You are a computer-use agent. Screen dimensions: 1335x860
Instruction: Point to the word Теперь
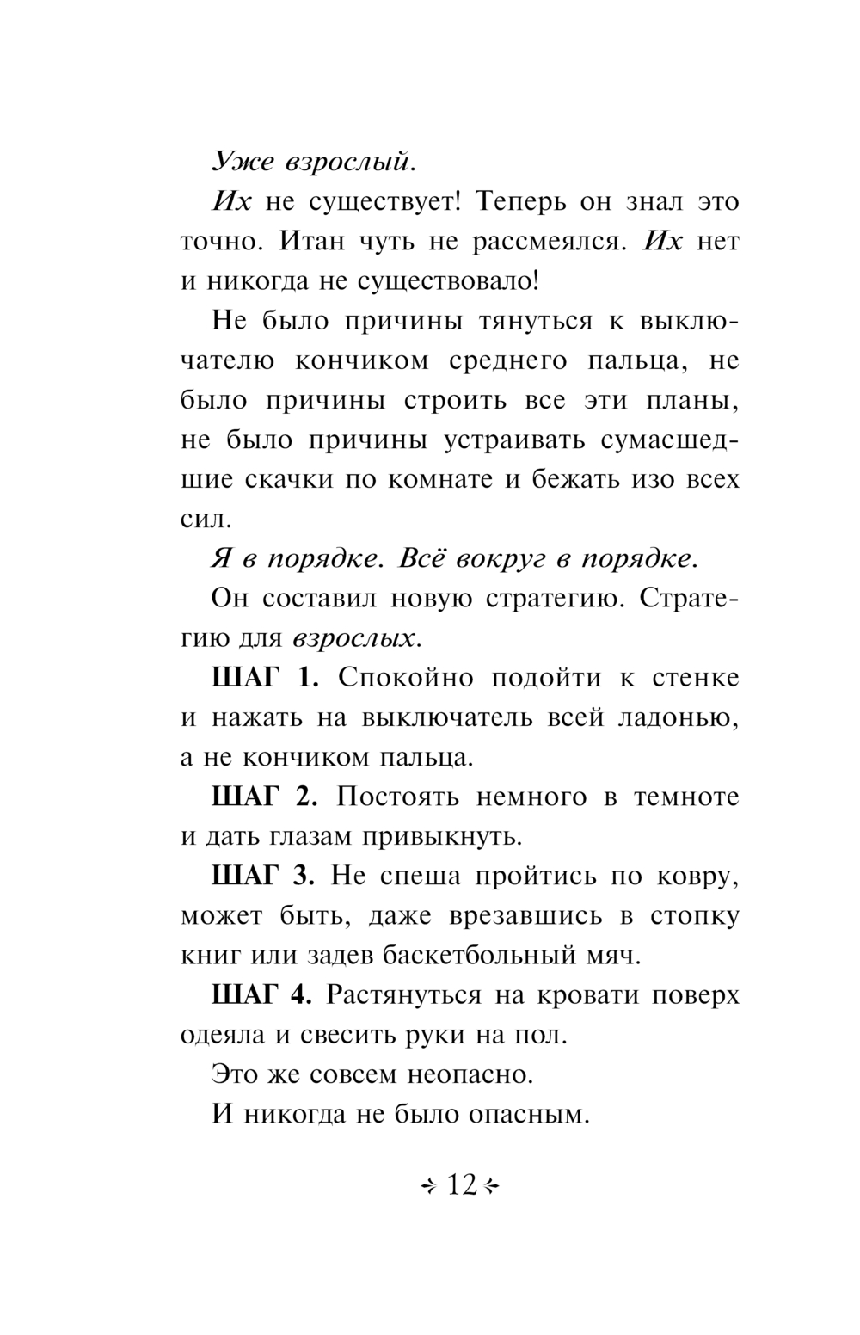coord(524,202)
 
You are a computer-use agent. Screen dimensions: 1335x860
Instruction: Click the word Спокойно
coord(405,678)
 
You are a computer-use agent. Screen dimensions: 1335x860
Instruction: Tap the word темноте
coord(685,797)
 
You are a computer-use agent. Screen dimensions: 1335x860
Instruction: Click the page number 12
coord(462,1185)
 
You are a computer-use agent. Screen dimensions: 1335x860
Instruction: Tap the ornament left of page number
coord(430,1186)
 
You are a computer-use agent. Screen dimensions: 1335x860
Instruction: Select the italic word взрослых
coord(356,638)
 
